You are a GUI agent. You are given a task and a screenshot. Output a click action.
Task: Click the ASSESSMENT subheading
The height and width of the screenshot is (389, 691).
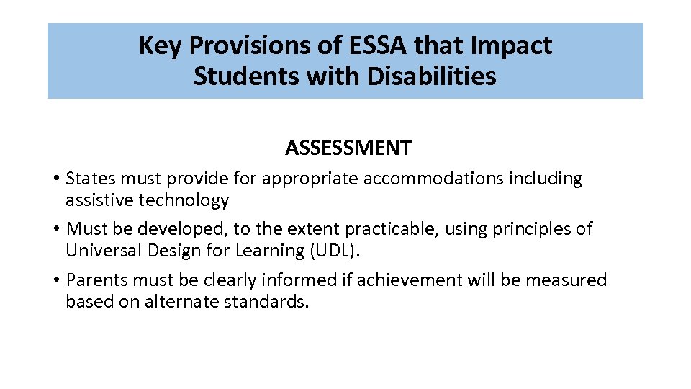coord(348,148)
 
